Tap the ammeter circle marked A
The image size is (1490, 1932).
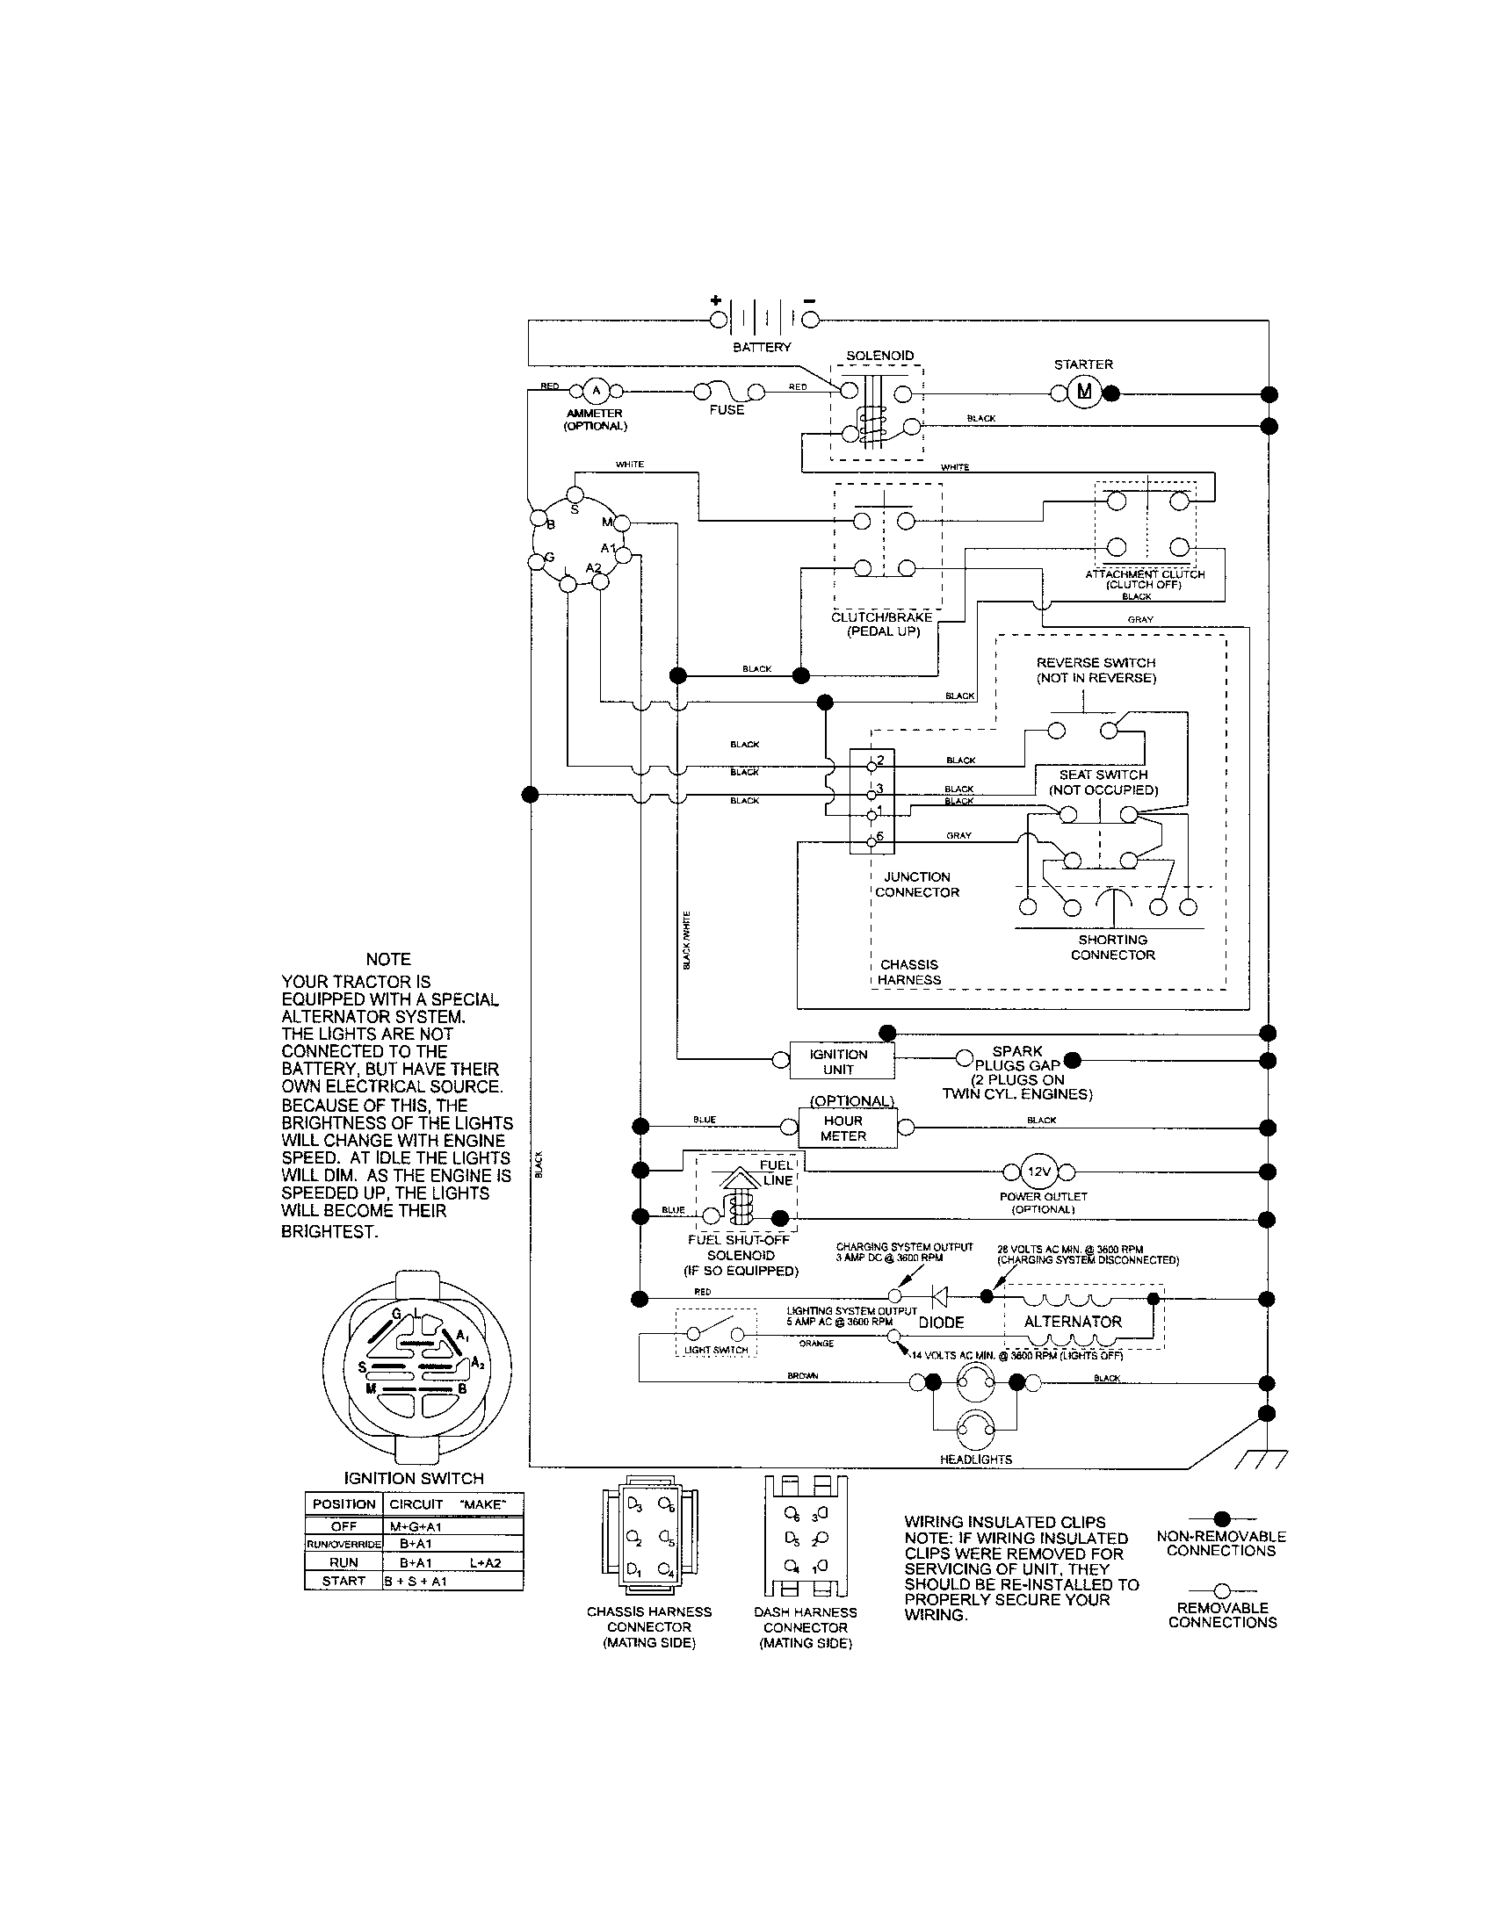596,391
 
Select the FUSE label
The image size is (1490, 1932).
727,410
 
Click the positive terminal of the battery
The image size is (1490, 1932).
719,319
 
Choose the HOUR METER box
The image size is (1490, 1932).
843,1128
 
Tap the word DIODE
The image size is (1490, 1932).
941,1323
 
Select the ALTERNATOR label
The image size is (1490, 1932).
1073,1322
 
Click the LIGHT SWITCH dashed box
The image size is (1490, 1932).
716,1333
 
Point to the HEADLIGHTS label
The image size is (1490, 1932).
976,1460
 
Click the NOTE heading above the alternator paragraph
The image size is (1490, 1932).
388,959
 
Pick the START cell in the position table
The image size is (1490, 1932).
344,1581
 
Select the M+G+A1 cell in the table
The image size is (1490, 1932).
415,1527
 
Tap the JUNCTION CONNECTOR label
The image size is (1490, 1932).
916,884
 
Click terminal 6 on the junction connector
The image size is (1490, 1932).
872,839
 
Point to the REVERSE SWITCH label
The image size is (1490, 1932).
1096,662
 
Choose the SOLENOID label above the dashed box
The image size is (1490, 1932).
879,356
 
